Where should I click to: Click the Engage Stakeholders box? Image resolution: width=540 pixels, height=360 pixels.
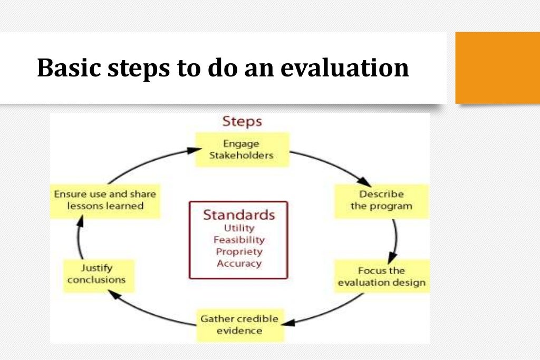pos(243,149)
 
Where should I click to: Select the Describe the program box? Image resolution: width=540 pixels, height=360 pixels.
pos(381,200)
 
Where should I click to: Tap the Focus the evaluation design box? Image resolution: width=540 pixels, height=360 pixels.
pos(381,277)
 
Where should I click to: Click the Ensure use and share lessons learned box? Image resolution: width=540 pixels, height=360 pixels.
pos(105,200)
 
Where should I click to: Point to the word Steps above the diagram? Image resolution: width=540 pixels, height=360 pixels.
pos(242,122)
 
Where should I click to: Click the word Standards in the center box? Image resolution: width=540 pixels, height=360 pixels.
pos(239,215)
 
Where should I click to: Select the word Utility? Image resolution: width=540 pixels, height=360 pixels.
pos(239,228)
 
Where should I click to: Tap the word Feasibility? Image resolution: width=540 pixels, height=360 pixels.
pos(239,240)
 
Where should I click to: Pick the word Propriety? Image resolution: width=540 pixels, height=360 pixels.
pos(239,251)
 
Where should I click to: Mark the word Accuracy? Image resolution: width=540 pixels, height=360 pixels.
pos(239,263)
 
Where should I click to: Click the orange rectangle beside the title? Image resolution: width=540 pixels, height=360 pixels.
pos(497,67)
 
